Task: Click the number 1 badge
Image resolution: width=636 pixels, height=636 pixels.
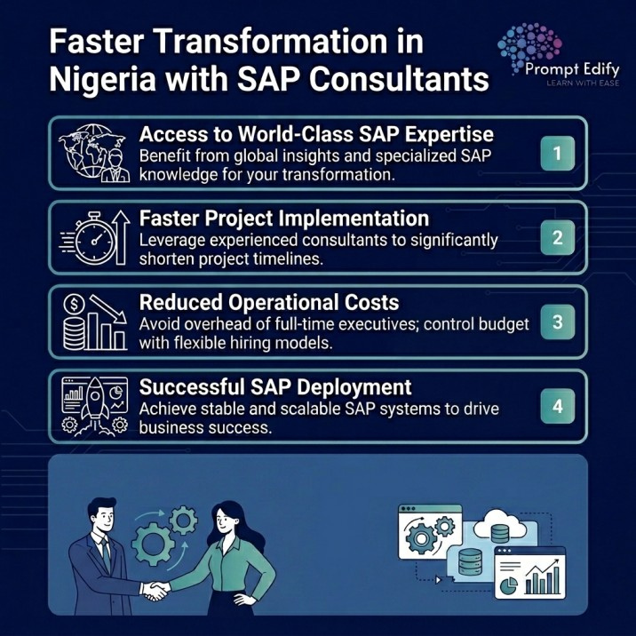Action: click(x=557, y=153)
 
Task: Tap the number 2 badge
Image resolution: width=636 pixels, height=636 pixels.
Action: click(x=557, y=237)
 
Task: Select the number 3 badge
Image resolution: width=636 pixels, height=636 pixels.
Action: click(x=557, y=322)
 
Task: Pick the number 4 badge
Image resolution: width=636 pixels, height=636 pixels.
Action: click(x=557, y=407)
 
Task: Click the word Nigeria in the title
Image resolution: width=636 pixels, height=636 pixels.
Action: click(x=99, y=79)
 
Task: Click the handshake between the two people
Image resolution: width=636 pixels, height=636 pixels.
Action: click(x=160, y=589)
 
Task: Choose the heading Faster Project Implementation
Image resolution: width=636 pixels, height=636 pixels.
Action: click(x=284, y=218)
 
